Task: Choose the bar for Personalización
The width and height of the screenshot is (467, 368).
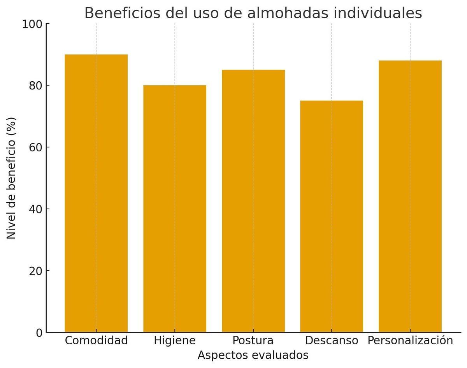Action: pos(410,196)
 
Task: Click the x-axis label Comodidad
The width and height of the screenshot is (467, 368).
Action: pos(96,340)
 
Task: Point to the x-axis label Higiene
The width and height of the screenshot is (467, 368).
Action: pos(175,340)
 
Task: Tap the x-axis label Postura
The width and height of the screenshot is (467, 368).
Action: pos(253,340)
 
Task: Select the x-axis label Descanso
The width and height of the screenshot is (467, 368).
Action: pos(332,340)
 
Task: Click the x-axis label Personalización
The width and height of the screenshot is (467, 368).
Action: pos(410,340)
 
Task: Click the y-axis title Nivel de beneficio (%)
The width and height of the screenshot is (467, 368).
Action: pos(12,178)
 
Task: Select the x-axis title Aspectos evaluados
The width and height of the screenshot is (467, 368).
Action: pos(253,355)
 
